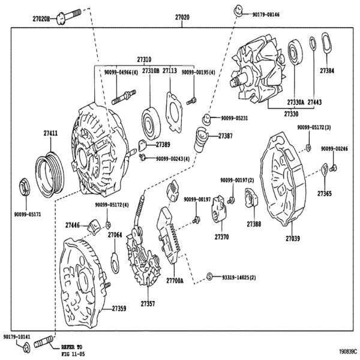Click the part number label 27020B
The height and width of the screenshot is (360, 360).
click(x=41, y=19)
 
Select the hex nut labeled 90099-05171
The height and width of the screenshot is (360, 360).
click(x=25, y=187)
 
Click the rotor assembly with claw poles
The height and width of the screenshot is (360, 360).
click(x=257, y=69)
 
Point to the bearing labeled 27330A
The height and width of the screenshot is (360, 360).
click(x=295, y=53)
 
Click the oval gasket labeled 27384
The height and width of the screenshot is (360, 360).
click(x=326, y=43)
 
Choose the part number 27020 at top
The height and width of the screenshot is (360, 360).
click(x=182, y=17)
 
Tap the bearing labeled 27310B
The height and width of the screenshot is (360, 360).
click(x=151, y=123)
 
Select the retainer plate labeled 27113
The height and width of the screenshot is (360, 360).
click(x=174, y=112)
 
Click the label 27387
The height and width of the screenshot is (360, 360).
click(x=225, y=136)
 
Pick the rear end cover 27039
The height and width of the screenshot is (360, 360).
click(x=283, y=179)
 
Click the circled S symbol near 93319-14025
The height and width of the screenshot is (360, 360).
click(x=209, y=276)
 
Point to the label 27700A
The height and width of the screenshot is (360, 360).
click(x=175, y=281)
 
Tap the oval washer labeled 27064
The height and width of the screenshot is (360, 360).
click(x=115, y=263)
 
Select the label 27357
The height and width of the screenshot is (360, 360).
click(x=148, y=304)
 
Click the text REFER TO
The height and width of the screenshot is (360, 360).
click(x=71, y=347)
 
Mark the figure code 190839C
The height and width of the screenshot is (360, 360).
click(x=349, y=352)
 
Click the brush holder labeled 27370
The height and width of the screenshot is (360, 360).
click(x=219, y=209)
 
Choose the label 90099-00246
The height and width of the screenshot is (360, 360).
click(x=334, y=149)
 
